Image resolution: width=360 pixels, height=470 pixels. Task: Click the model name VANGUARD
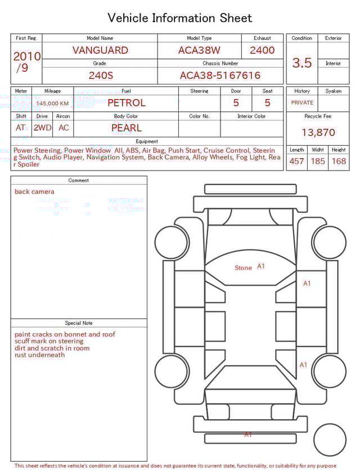(x=100, y=50)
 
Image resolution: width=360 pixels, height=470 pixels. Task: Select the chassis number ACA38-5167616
(x=220, y=75)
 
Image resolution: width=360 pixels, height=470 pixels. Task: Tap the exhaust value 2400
(x=262, y=50)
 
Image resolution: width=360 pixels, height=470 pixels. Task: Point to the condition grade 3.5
(x=302, y=63)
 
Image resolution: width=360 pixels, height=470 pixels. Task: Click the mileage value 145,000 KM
(x=52, y=104)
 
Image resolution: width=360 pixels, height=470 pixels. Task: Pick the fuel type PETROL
(x=126, y=103)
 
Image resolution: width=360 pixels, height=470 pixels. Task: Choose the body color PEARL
(x=126, y=128)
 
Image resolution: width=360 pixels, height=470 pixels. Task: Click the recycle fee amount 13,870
(x=318, y=133)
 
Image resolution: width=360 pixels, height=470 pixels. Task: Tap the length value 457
(x=296, y=161)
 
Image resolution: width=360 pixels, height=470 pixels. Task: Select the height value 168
(x=339, y=161)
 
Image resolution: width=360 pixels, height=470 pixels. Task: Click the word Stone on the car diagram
(x=243, y=268)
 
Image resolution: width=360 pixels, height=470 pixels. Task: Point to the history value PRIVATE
(x=302, y=103)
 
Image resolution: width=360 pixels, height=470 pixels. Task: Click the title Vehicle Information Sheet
(x=180, y=18)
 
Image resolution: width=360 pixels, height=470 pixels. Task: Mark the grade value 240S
(x=100, y=75)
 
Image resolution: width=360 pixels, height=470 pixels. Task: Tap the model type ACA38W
(x=199, y=50)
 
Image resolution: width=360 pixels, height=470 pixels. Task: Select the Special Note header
(x=79, y=323)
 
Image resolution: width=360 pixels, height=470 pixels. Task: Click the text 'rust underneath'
(x=39, y=355)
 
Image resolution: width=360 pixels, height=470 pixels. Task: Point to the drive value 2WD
(x=42, y=128)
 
